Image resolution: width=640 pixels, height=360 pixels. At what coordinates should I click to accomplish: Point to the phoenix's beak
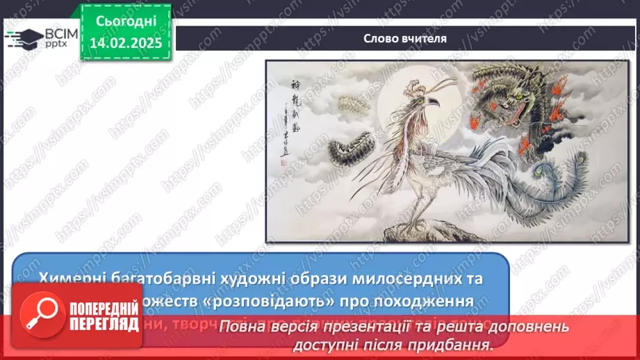[435, 102]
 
